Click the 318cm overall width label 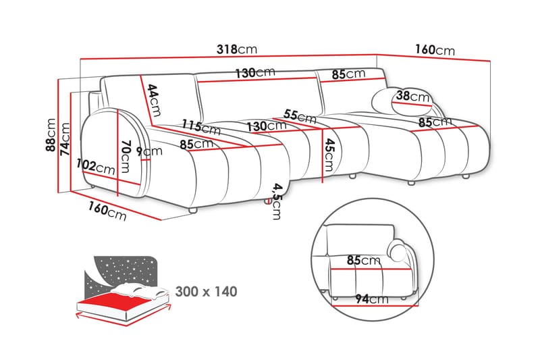tap(236, 50)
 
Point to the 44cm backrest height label tap(154, 99)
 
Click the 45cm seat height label tap(329, 155)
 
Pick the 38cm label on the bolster tap(412, 97)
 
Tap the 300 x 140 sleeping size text tap(207, 292)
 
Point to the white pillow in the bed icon tap(138, 291)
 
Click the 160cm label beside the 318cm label tap(435, 51)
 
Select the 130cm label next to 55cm tap(265, 126)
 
